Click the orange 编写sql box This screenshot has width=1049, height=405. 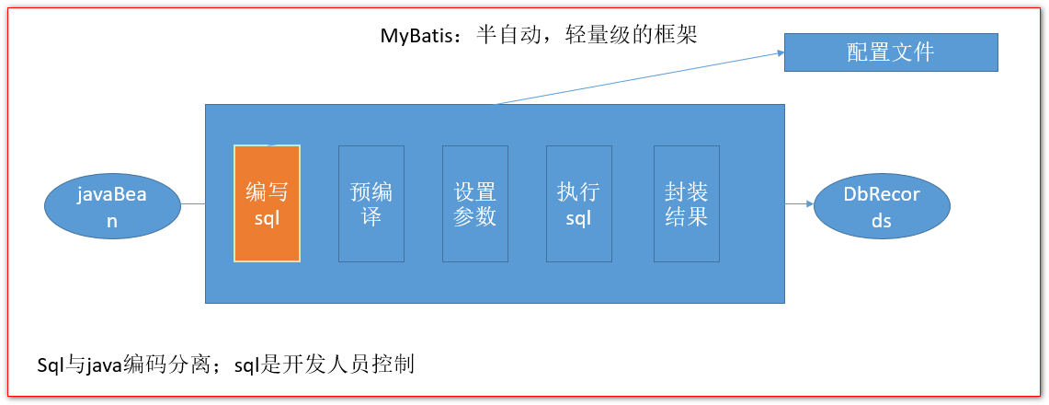click(x=267, y=202)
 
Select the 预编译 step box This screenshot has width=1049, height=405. click(x=371, y=203)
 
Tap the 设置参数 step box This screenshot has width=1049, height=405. click(x=475, y=203)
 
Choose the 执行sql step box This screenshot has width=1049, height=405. click(x=579, y=203)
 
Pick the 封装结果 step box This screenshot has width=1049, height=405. click(x=687, y=203)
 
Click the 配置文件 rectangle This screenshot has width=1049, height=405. click(x=891, y=52)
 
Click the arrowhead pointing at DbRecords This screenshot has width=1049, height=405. click(x=809, y=203)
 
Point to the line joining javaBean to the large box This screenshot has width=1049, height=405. click(x=193, y=203)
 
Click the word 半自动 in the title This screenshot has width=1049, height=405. click(x=507, y=35)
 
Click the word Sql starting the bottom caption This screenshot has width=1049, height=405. click(x=51, y=364)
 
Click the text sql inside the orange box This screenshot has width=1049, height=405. click(x=267, y=217)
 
